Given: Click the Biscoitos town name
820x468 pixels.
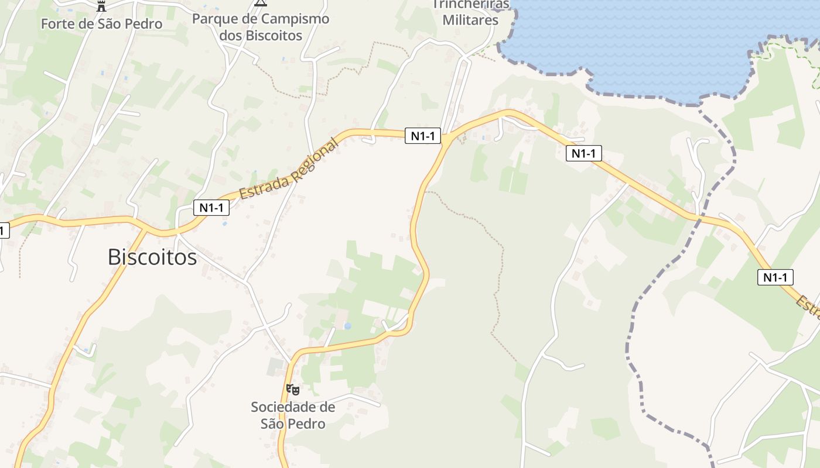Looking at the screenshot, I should pyautogui.click(x=152, y=257).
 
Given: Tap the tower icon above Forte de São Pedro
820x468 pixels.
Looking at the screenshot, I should pyautogui.click(x=101, y=6).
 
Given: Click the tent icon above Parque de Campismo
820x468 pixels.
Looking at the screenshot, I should pyautogui.click(x=261, y=3).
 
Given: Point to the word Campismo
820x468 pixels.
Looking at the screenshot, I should pyautogui.click(x=295, y=19).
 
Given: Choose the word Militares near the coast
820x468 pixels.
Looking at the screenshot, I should pyautogui.click(x=470, y=20).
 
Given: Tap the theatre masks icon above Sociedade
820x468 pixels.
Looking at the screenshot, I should pyautogui.click(x=293, y=390).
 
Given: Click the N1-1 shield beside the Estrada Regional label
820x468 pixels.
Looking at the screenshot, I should pyautogui.click(x=211, y=207).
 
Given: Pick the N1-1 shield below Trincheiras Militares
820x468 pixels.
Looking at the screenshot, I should pyautogui.click(x=423, y=136).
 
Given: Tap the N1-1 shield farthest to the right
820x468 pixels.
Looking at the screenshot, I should pyautogui.click(x=775, y=277).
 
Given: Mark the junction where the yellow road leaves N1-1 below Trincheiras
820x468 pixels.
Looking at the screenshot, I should pyautogui.click(x=446, y=139).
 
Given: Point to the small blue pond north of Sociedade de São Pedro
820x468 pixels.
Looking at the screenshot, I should pyautogui.click(x=347, y=326).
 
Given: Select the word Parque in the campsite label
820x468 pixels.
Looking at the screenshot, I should pyautogui.click(x=212, y=19).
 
